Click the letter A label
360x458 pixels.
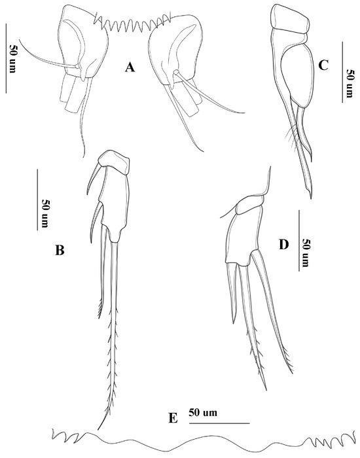click(x=130, y=68)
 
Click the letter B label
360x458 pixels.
click(x=60, y=250)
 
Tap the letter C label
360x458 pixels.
click(x=323, y=65)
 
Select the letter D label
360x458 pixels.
click(x=283, y=245)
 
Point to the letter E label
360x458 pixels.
click(x=173, y=419)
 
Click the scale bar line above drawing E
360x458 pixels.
click(x=219, y=423)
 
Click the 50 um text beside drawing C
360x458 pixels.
click(x=350, y=83)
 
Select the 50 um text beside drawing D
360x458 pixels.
click(x=306, y=253)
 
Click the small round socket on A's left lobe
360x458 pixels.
click(x=77, y=67)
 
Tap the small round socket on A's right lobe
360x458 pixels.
click(x=175, y=72)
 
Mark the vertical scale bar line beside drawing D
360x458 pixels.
click(x=299, y=240)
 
